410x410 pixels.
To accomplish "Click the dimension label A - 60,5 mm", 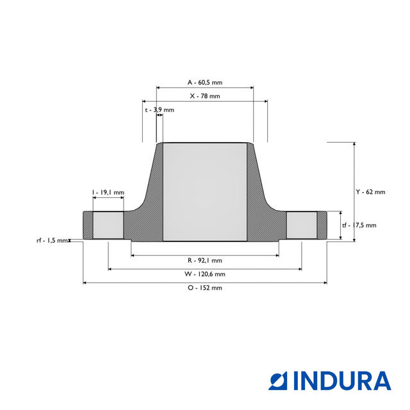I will coord(204,83).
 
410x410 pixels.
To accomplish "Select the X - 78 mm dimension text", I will coord(204,95).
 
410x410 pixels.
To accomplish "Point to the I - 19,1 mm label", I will coord(108,192).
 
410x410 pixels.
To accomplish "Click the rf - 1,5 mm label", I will coord(51,240).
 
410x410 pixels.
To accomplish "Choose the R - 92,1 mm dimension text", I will coord(204,260).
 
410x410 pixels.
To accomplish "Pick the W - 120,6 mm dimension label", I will coord(204,274).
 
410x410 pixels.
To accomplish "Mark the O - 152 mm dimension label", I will coord(204,288).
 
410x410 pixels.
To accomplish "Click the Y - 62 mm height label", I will coord(371,192).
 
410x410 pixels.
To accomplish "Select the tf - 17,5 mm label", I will coord(359,225).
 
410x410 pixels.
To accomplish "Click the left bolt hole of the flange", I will coord(108,225).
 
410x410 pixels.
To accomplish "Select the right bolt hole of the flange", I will coord(301,225).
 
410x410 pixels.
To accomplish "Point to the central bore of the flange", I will coord(204,192).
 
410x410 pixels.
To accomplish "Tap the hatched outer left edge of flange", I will coord(88,225).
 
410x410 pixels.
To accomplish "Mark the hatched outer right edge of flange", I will coord(322,225).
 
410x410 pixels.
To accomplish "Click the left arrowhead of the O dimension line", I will coord(85,282).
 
